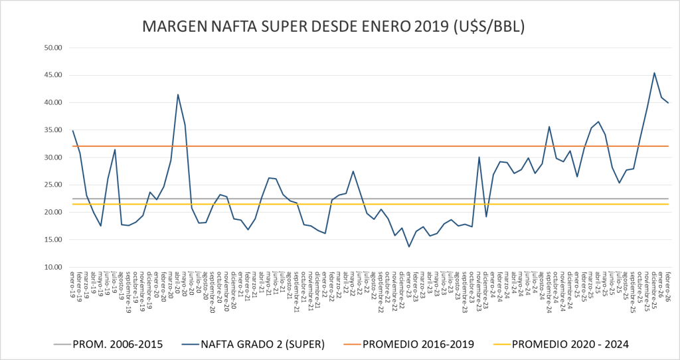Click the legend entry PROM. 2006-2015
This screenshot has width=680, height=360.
coord(116,343)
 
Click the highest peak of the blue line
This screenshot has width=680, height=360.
coord(654,73)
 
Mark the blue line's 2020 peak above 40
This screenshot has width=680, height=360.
coord(178,94)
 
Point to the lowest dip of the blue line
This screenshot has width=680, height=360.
coord(409,246)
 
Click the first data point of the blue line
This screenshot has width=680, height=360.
coord(73,131)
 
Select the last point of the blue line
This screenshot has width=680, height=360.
coord(668,103)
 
